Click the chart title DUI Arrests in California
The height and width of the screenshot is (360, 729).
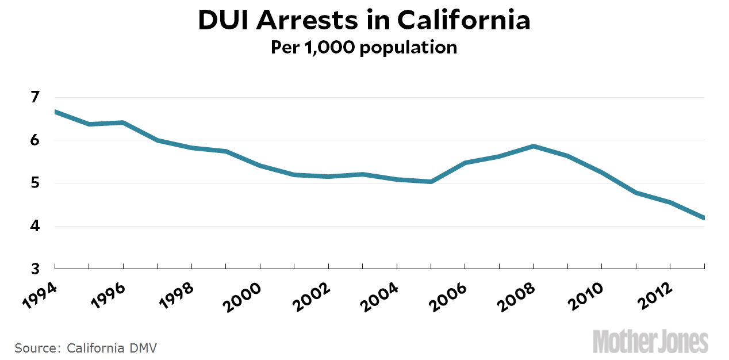[364, 21]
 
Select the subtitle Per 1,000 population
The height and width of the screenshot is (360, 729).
[364, 47]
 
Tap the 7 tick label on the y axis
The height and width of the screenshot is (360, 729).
[36, 97]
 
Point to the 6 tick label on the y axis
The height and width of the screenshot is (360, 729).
[36, 140]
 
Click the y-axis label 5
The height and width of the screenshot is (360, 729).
[36, 183]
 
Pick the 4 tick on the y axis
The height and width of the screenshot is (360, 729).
[36, 227]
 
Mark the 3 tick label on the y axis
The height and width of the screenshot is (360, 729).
[36, 269]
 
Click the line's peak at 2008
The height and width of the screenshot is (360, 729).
[534, 146]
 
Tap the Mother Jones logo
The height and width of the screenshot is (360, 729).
[650, 341]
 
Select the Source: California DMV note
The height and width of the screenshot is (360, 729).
[86, 348]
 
